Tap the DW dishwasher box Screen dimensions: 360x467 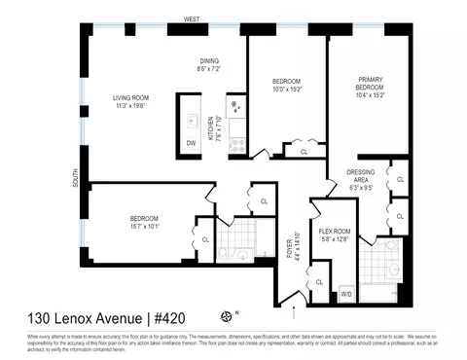(191, 143)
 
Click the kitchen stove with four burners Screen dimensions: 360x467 (236, 103)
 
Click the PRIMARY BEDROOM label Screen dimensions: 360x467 (371, 82)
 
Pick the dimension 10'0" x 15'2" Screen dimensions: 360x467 (286, 89)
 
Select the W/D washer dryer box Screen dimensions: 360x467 (345, 292)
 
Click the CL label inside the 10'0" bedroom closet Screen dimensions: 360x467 (305, 153)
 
